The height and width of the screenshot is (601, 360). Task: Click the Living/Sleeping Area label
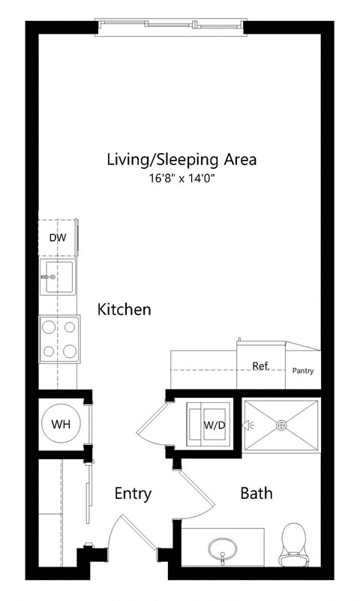[x=181, y=159]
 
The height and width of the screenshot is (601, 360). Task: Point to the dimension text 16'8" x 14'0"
[x=181, y=180]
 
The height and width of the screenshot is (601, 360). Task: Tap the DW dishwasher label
[x=57, y=238]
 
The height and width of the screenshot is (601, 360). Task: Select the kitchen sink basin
[x=58, y=278]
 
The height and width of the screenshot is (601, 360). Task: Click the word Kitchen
[x=124, y=309]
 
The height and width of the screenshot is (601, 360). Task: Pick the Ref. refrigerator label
[x=260, y=365]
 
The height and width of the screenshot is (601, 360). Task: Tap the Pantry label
[x=303, y=371]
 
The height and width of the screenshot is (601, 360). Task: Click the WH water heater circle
[x=61, y=424]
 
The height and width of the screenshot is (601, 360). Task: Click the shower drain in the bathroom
[x=282, y=425]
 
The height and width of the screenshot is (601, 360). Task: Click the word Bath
[x=256, y=494]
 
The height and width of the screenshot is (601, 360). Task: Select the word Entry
[x=133, y=494]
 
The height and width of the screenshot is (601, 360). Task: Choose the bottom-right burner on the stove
[x=70, y=350]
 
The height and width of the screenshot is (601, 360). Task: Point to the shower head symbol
[x=245, y=425]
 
